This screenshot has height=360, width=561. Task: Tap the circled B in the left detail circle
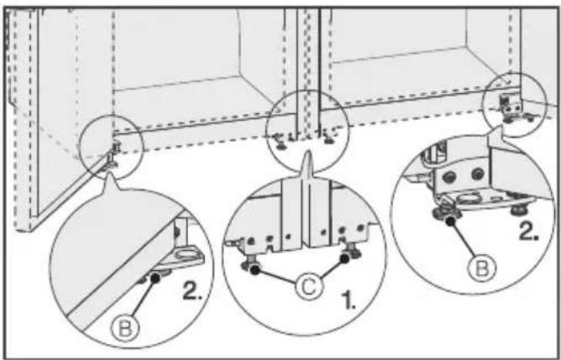click(124, 327)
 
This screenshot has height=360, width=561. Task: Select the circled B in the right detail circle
click(483, 268)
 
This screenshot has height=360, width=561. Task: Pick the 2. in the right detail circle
click(529, 232)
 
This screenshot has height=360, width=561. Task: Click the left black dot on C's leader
click(254, 270)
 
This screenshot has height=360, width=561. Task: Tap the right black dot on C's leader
click(344, 258)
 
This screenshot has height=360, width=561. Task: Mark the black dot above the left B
click(155, 278)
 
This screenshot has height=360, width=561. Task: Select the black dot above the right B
click(450, 221)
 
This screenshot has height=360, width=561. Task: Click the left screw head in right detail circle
click(450, 175)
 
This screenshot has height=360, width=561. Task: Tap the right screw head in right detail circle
click(478, 174)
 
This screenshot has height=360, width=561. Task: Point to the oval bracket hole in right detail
click(469, 197)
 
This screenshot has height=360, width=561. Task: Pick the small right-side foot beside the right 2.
click(517, 209)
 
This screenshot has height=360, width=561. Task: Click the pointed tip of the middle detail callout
click(307, 152)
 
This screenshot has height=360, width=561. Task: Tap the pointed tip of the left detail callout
click(109, 172)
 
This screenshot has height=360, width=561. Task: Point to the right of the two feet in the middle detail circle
click(352, 251)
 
